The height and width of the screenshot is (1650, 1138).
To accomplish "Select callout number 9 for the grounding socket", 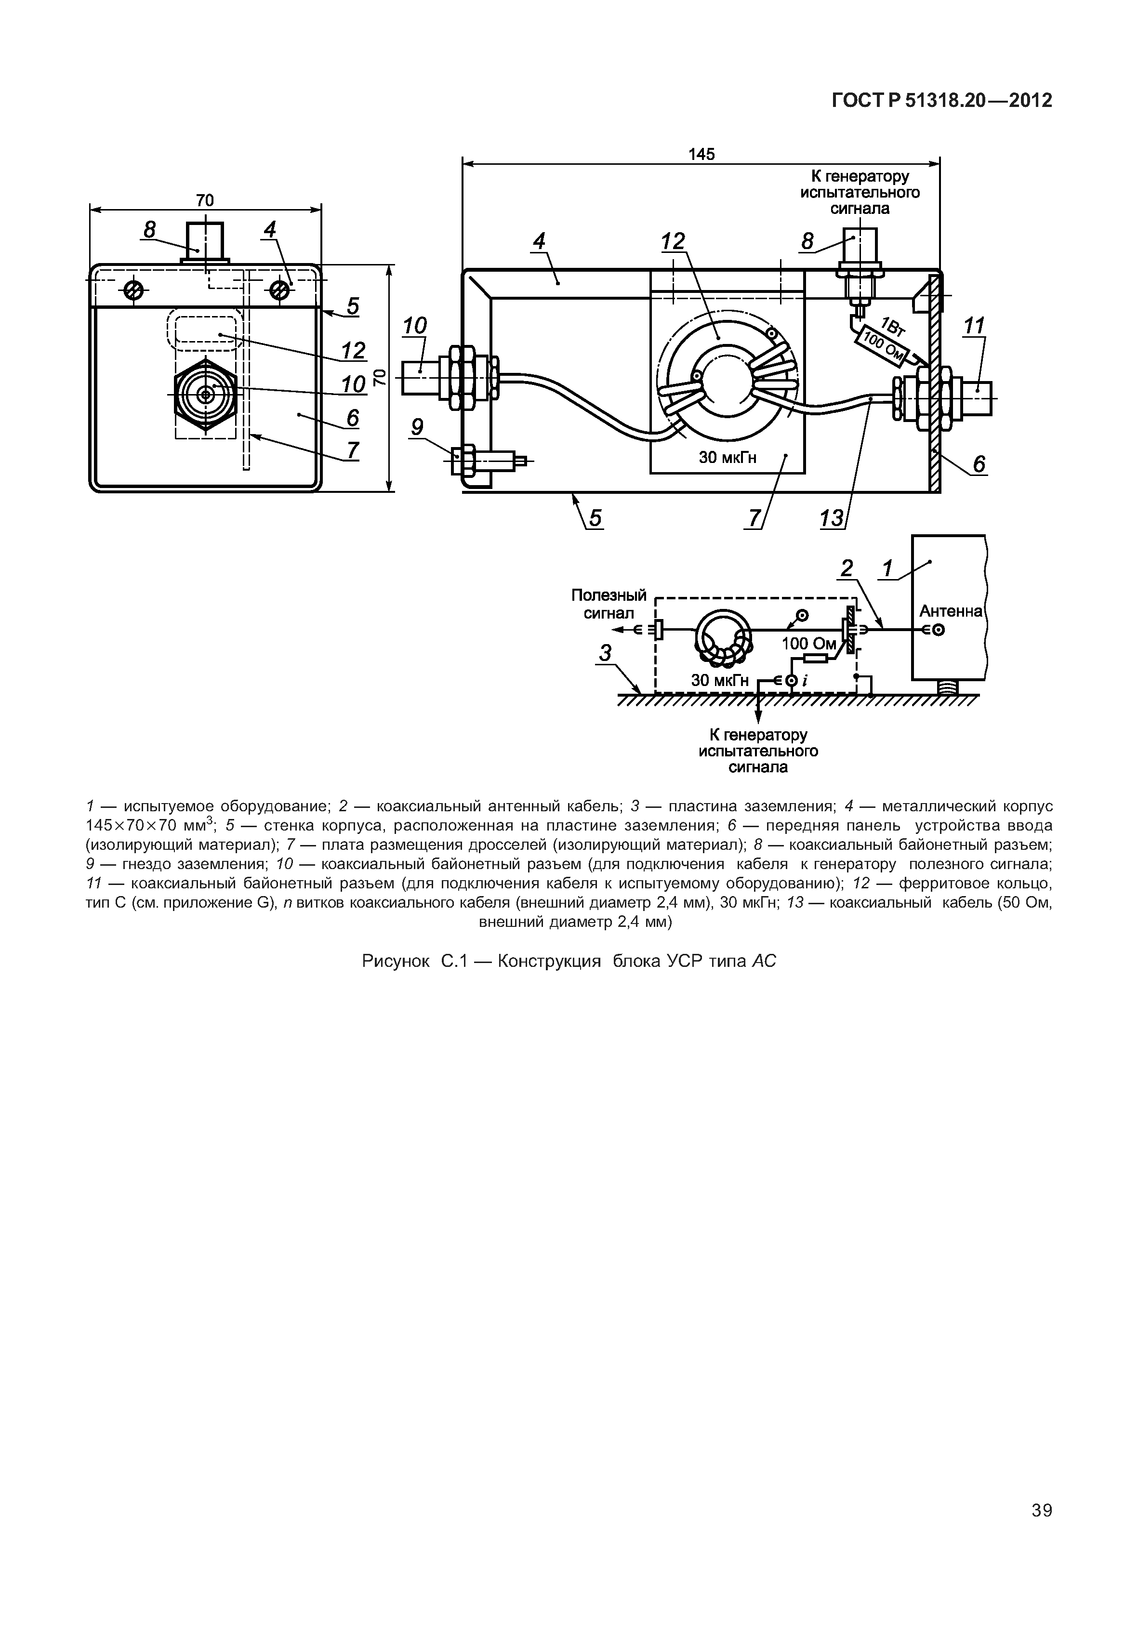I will [x=417, y=427].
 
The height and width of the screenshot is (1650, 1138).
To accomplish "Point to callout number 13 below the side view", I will [x=832, y=518].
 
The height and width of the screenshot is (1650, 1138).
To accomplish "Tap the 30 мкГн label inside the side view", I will [x=728, y=457].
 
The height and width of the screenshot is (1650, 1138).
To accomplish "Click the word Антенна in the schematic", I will [x=951, y=611].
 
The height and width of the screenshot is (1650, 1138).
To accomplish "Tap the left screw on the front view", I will [x=133, y=290].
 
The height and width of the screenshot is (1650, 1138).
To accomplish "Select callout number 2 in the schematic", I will [x=847, y=568].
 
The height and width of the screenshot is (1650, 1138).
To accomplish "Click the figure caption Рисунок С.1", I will [x=569, y=961].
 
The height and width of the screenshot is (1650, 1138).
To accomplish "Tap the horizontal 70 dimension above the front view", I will [x=205, y=200].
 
